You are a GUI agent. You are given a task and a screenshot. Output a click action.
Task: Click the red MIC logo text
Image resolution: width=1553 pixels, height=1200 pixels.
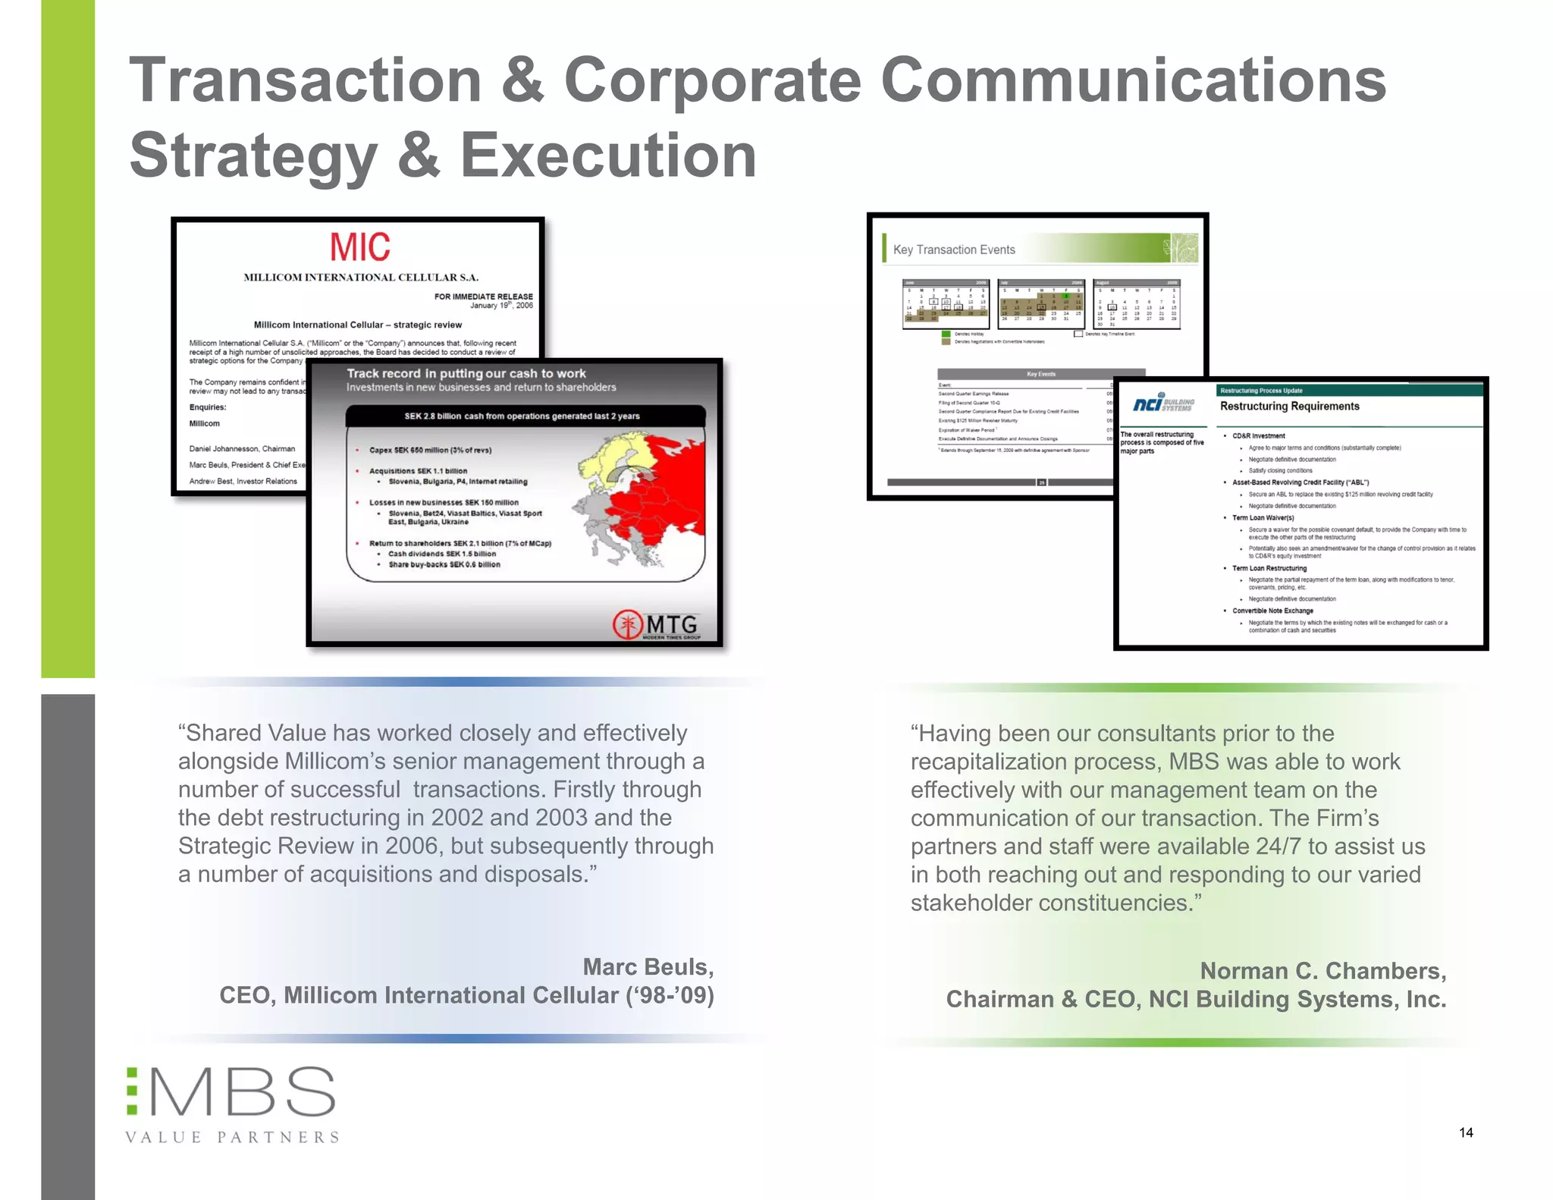359,247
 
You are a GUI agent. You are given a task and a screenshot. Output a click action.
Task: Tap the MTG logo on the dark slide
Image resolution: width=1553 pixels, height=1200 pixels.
657,625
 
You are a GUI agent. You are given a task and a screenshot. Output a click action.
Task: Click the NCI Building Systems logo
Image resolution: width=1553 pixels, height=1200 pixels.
1163,404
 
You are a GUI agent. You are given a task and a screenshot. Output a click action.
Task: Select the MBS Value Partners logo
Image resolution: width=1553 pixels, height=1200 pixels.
232,1104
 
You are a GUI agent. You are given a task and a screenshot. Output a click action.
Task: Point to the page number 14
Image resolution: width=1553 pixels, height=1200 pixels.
1466,1132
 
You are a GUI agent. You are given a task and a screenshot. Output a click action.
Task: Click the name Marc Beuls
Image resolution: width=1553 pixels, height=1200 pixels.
648,967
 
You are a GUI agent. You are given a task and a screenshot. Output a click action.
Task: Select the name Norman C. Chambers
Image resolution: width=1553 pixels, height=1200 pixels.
1322,971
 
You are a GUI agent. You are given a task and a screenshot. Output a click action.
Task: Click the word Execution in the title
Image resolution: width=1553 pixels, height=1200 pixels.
608,155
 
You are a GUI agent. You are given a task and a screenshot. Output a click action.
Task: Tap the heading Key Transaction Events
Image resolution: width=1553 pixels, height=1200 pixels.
953,250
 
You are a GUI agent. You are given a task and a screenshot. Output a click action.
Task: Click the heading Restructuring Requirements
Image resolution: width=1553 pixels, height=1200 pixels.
1289,407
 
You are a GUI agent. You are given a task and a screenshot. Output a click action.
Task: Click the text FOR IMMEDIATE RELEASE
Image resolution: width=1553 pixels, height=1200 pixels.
483,297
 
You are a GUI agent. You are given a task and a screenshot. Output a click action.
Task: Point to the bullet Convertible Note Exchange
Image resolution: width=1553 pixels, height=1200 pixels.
1272,611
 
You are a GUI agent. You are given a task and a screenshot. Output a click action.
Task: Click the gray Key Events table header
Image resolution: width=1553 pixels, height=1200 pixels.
1040,374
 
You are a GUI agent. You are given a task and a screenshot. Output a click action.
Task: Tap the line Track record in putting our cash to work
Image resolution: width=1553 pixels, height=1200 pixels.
466,373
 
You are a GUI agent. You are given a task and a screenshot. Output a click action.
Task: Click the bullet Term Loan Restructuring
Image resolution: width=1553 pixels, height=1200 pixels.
1269,568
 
